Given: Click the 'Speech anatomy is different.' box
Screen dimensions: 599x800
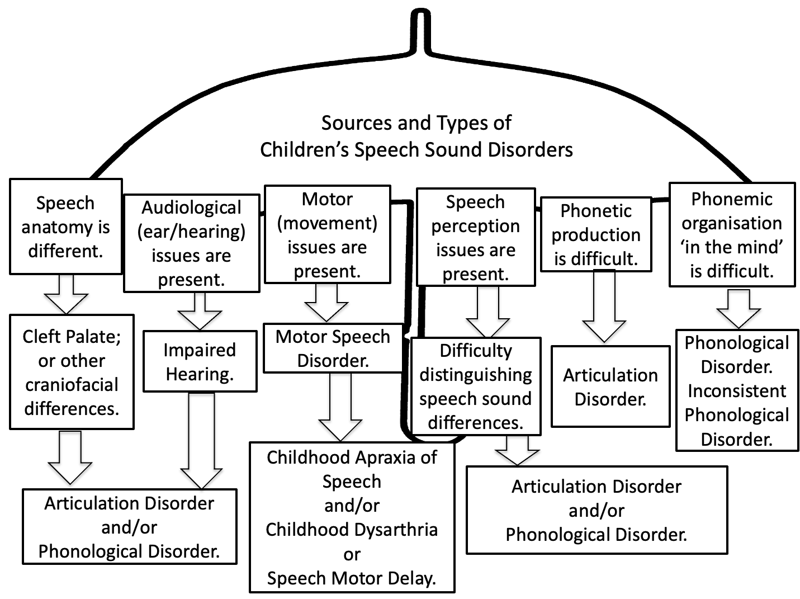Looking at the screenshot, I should click(65, 227).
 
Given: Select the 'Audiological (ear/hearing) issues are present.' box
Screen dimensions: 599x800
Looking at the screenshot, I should click(191, 243).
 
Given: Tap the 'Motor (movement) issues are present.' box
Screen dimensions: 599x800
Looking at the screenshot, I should click(327, 235).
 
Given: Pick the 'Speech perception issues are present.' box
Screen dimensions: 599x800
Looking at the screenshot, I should click(475, 238).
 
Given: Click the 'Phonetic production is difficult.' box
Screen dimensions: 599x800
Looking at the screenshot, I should click(596, 234).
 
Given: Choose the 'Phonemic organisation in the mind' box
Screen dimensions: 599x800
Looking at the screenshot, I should click(732, 235).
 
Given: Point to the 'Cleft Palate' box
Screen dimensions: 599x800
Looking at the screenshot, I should click(72, 372).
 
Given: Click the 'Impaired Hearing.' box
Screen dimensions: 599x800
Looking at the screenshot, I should click(200, 361).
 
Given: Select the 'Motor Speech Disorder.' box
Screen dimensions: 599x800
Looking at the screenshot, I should click(333, 348).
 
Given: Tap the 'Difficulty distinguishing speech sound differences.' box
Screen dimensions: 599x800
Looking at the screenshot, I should click(476, 386).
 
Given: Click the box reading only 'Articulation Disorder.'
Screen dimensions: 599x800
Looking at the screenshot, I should click(610, 386).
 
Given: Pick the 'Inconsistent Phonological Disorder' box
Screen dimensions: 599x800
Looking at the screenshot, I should click(737, 390).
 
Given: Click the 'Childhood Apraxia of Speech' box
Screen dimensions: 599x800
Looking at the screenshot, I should click(352, 517).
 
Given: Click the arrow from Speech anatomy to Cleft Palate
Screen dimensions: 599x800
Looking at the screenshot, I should click(66, 295).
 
